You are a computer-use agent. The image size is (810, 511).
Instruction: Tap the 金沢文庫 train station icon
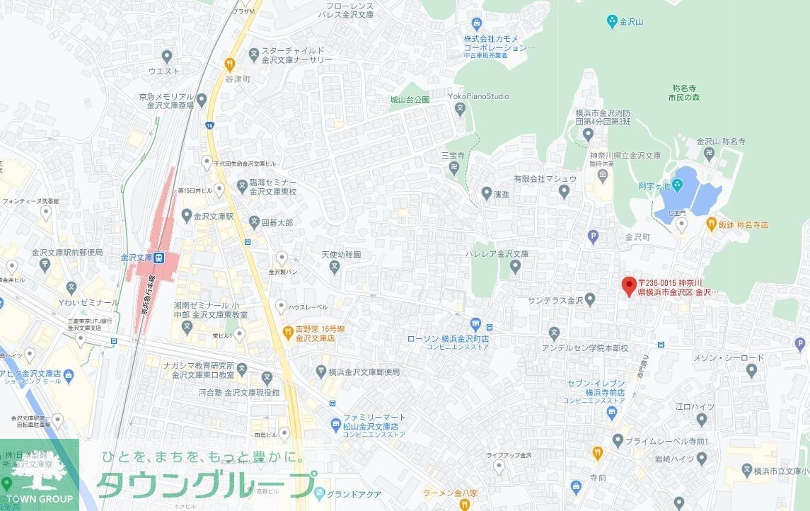(x=161, y=258)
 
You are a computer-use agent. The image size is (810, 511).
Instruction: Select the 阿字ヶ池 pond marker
(x=677, y=186)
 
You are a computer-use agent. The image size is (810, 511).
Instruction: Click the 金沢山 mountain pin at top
(x=613, y=22)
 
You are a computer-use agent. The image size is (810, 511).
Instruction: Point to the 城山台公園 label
(x=410, y=101)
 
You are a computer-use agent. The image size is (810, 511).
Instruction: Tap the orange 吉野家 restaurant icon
(x=288, y=331)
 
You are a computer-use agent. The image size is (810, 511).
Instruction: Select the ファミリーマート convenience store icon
(x=335, y=423)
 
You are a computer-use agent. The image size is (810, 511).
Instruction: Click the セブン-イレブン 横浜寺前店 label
(x=596, y=387)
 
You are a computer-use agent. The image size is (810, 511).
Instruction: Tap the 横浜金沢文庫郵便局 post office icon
(x=320, y=372)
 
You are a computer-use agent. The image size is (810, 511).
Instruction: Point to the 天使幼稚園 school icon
(x=335, y=267)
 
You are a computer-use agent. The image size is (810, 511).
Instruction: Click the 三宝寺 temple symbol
(x=454, y=168)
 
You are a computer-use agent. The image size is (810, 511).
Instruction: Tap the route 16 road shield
(x=209, y=125)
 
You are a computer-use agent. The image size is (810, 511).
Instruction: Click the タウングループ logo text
(x=205, y=484)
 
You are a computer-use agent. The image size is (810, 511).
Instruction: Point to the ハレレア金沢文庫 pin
(x=515, y=267)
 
